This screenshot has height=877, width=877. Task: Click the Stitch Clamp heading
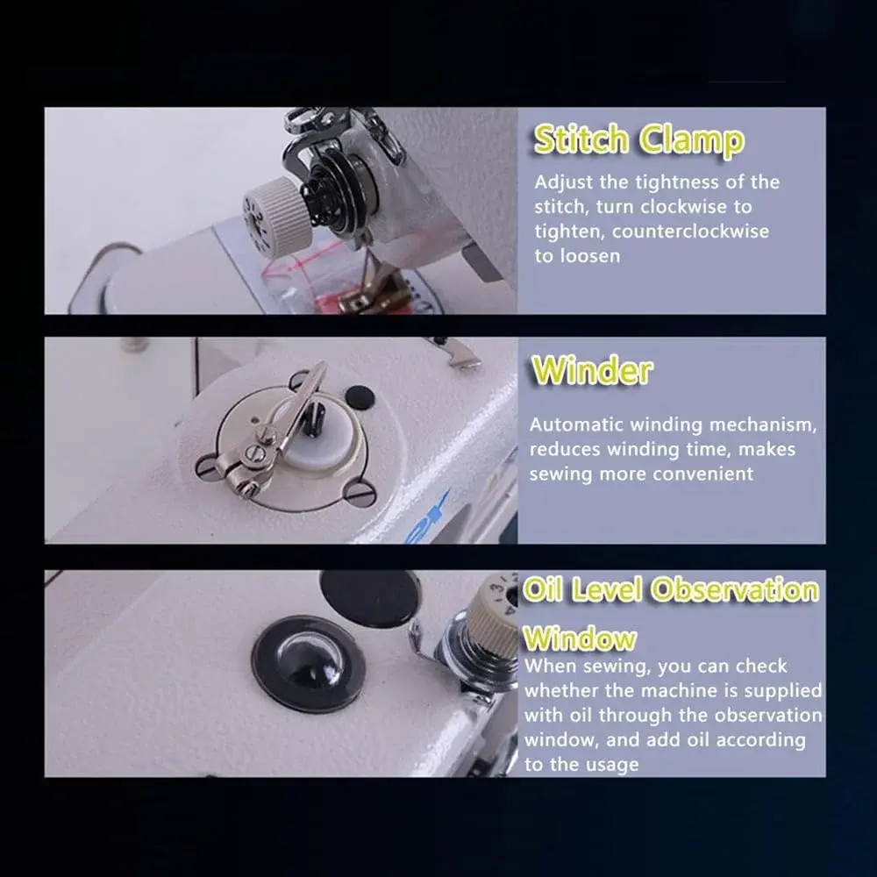[x=638, y=139]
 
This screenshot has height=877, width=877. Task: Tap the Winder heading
[x=592, y=370]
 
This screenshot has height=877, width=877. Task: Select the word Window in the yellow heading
[x=580, y=638]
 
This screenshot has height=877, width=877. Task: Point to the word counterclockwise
[x=690, y=231]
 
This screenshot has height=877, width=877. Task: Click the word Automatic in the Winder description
[x=577, y=424]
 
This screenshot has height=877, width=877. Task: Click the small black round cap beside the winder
[x=360, y=396]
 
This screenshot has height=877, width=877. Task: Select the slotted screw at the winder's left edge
[x=206, y=466]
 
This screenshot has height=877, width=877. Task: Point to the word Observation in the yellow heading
[x=735, y=590]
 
